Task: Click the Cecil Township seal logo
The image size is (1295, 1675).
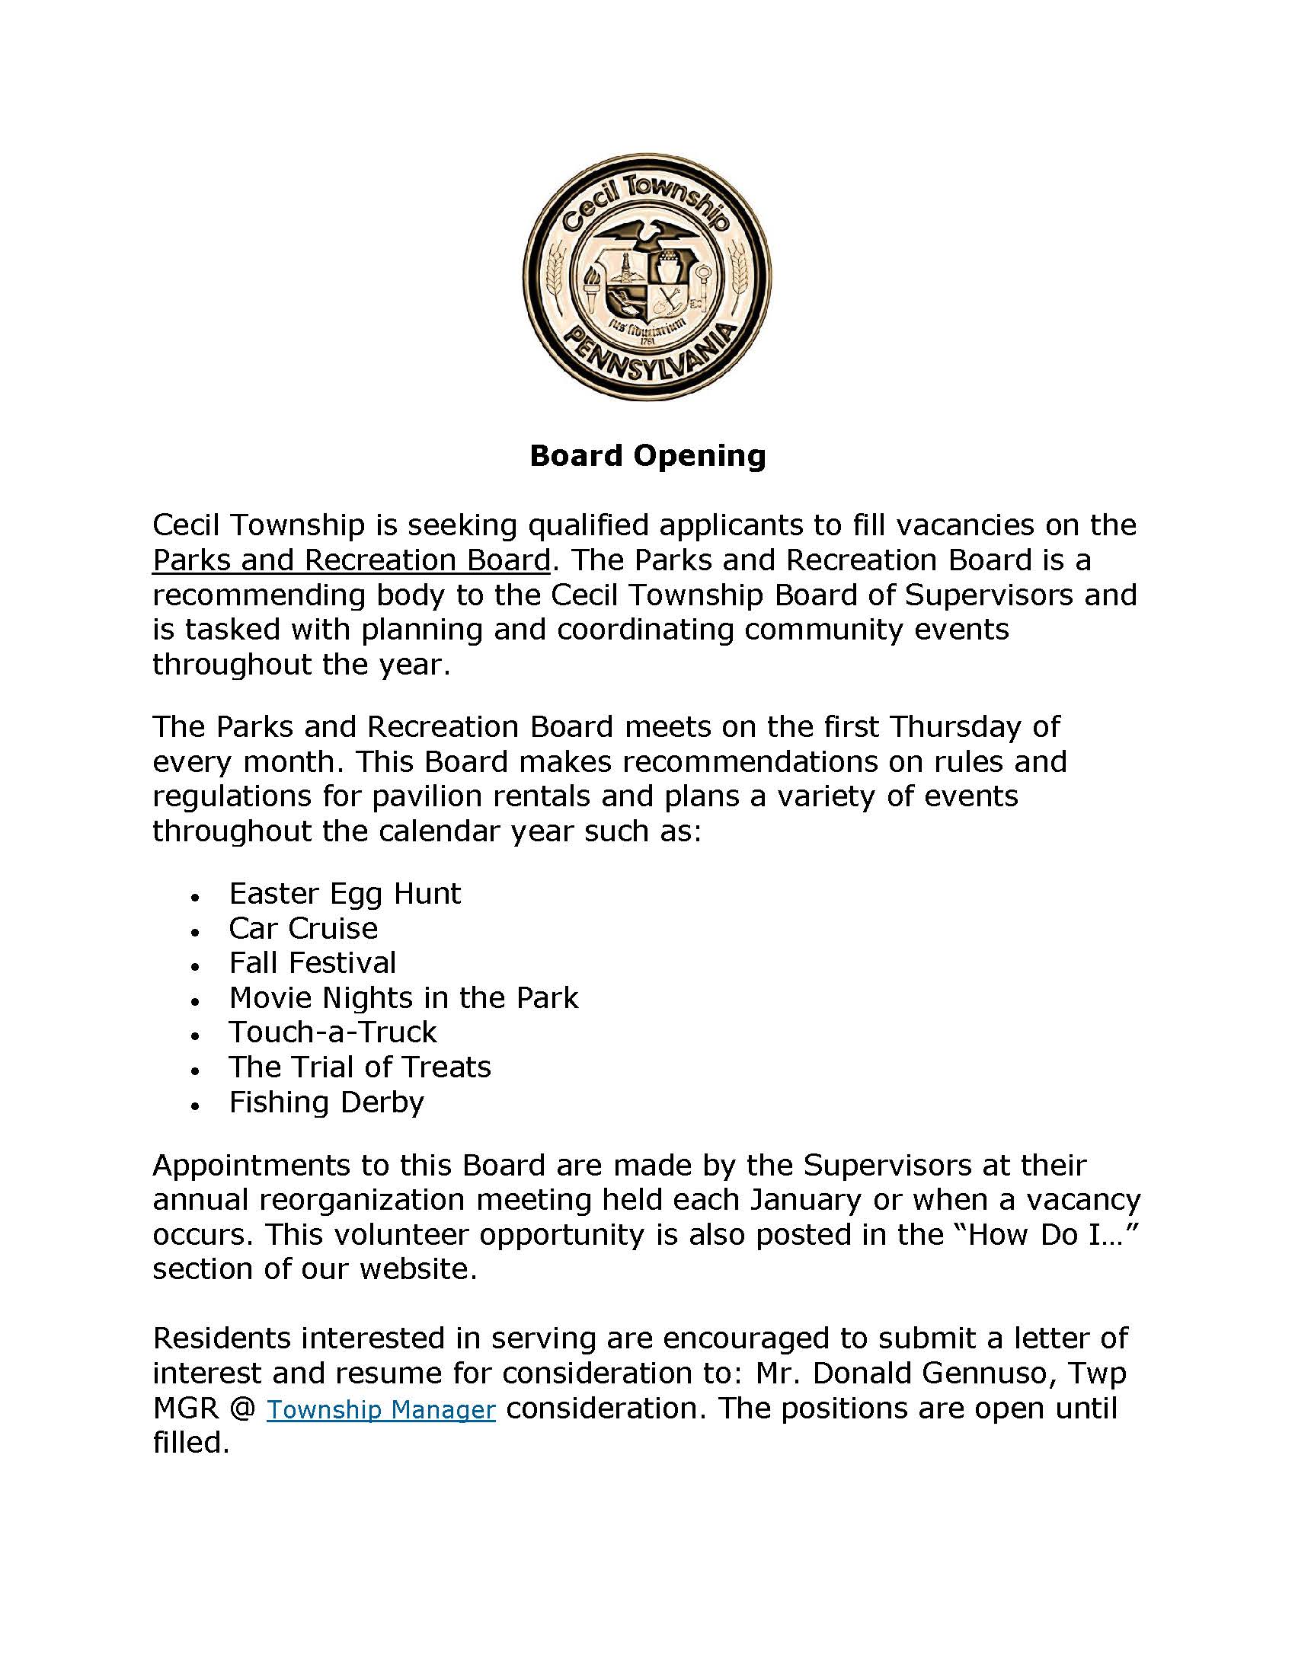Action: point(647,277)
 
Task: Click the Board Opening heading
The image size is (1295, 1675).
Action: point(647,455)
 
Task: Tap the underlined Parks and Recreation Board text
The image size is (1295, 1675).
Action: point(351,560)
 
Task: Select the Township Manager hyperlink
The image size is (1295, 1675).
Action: point(381,1409)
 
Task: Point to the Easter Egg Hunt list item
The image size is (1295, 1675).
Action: point(345,894)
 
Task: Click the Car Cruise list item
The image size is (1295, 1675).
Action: point(303,928)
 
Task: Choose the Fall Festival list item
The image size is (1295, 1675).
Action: point(312,962)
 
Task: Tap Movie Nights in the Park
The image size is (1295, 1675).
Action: point(404,998)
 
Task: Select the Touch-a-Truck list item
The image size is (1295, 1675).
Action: point(333,1032)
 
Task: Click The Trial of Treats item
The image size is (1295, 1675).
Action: point(360,1067)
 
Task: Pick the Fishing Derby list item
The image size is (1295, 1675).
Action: point(326,1102)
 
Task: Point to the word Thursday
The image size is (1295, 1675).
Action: point(956,726)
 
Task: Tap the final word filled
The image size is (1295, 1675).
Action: point(191,1443)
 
